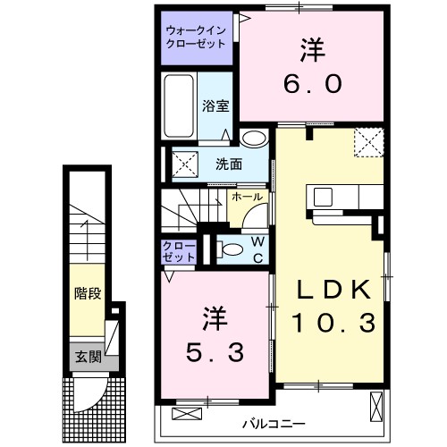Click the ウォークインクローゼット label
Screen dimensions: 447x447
click(x=198, y=37)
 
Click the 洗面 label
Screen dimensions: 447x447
click(x=229, y=164)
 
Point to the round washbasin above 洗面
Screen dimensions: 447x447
click(x=254, y=139)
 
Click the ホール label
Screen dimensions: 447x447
click(x=246, y=197)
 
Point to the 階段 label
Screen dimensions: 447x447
click(x=86, y=292)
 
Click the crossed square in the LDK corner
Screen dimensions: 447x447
click(x=367, y=142)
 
